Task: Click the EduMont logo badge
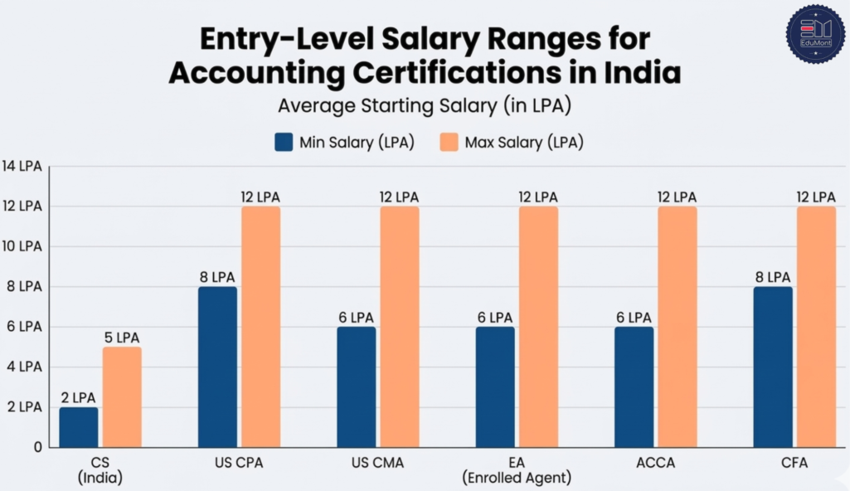point(815,32)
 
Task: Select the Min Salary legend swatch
point(284,142)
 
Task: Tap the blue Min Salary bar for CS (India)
point(78,427)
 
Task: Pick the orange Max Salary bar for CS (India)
point(122,397)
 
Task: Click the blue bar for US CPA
point(217,367)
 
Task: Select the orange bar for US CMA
point(400,327)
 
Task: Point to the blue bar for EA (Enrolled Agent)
point(495,386)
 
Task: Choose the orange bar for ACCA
point(678,327)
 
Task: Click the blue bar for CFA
point(773,367)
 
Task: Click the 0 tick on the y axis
point(37,447)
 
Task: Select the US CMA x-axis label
point(377,463)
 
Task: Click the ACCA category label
point(655,463)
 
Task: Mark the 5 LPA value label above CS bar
point(122,338)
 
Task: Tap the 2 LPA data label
point(78,397)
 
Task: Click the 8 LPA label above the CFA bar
point(772,277)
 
